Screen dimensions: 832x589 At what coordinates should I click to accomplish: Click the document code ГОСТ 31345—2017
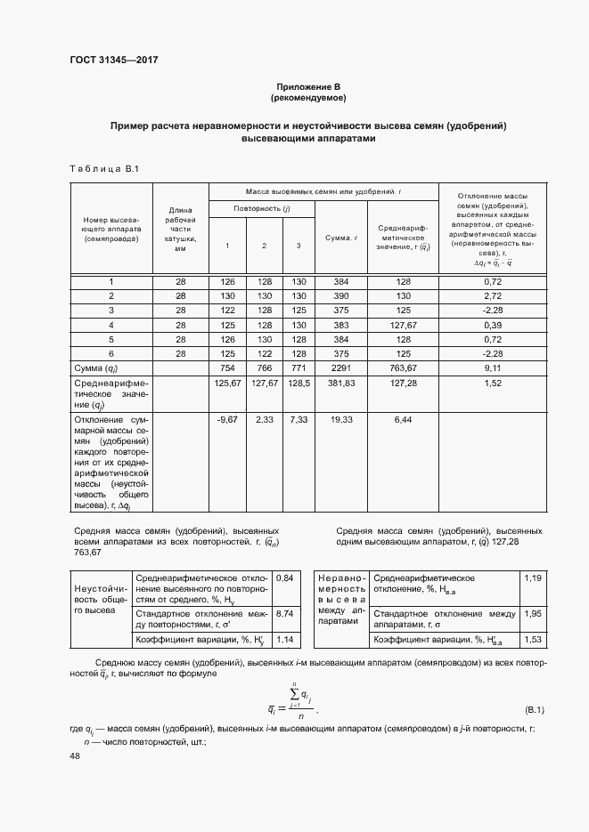pyautogui.click(x=113, y=61)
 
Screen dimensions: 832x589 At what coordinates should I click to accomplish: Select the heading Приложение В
pyautogui.click(x=308, y=85)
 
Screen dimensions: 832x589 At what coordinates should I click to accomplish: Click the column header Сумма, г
pyautogui.click(x=341, y=238)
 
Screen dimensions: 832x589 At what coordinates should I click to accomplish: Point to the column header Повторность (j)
pyautogui.click(x=262, y=207)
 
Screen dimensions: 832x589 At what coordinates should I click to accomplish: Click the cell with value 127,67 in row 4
pyautogui.click(x=403, y=325)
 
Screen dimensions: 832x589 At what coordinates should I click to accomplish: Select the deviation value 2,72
pyautogui.click(x=493, y=295)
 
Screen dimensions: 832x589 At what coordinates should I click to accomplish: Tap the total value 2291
pyautogui.click(x=341, y=368)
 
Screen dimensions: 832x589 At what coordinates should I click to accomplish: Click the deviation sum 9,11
pyautogui.click(x=493, y=368)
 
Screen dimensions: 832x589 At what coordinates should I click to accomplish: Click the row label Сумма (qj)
pyautogui.click(x=100, y=368)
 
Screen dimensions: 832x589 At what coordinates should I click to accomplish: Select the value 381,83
pyautogui.click(x=341, y=384)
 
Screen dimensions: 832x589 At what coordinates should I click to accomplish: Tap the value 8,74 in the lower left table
pyautogui.click(x=285, y=614)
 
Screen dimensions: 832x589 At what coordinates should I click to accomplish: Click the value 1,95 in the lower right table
pyautogui.click(x=532, y=614)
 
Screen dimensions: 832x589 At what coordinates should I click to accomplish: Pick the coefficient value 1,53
pyautogui.click(x=532, y=640)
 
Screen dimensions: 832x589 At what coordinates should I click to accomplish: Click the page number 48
pyautogui.click(x=75, y=756)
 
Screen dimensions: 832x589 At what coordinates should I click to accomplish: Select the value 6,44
pyautogui.click(x=403, y=418)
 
